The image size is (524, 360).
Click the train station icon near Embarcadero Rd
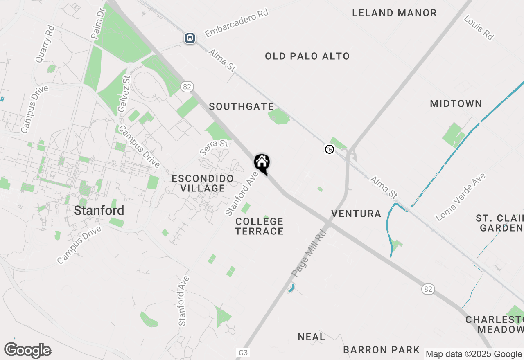click(190, 38)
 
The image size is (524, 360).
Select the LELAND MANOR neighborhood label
click(395, 13)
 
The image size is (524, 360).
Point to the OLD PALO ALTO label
click(307, 56)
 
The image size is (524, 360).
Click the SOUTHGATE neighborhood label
click(241, 107)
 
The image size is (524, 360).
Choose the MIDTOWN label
click(456, 104)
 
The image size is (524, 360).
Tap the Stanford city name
click(99, 211)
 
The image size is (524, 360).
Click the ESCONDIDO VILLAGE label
click(203, 183)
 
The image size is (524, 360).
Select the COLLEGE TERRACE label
click(260, 226)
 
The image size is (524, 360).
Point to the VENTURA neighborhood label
click(356, 214)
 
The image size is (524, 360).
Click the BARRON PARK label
click(382, 350)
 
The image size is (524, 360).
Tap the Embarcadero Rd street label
click(237, 23)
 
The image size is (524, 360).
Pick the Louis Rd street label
click(479, 27)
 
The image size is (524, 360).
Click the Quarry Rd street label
click(45, 44)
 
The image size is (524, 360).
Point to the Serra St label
click(214, 147)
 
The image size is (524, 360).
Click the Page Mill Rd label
click(309, 253)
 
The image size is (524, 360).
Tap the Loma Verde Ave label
click(461, 197)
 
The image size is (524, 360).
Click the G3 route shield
click(243, 353)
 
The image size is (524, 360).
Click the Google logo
click(28, 351)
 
